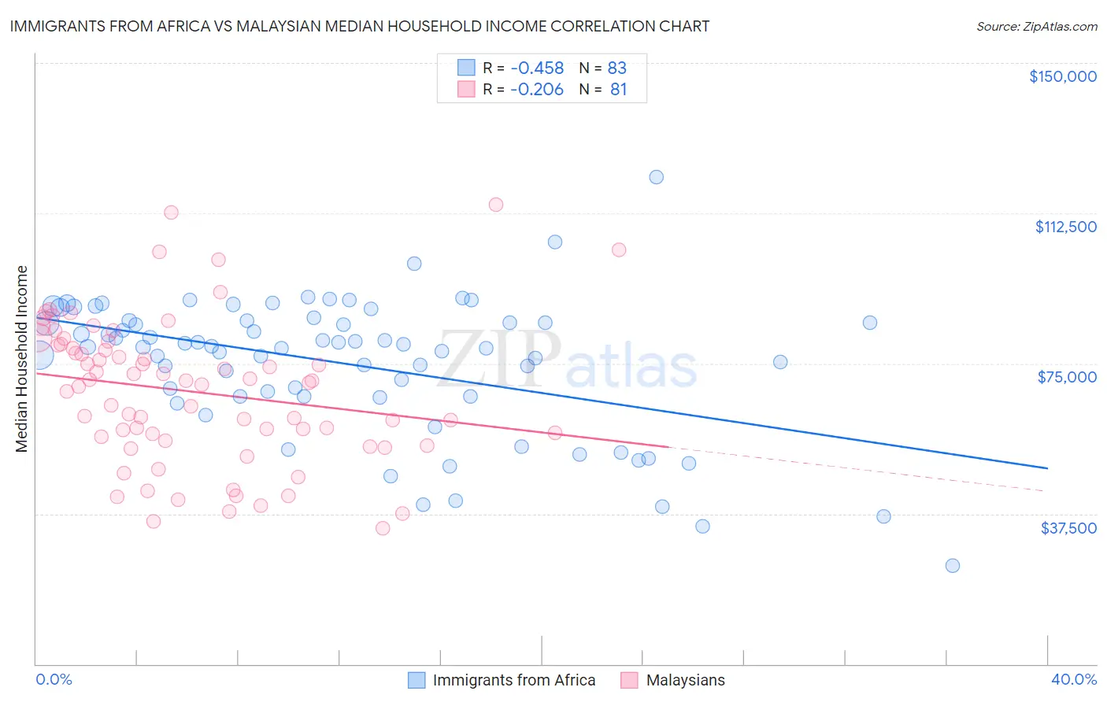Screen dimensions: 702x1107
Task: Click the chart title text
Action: tap(359, 26)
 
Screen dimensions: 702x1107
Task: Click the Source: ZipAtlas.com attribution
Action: tap(1036, 26)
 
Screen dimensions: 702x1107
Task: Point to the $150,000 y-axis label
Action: tap(1062, 76)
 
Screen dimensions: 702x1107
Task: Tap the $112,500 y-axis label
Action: tap(1065, 227)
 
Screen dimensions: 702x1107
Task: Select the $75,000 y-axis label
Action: tap(1067, 377)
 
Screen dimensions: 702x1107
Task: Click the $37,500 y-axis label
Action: tap(1068, 528)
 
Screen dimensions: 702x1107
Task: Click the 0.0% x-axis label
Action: tap(54, 679)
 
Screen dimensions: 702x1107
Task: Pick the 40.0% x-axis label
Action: tap(1073, 679)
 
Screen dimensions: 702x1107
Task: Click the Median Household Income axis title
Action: tap(21, 359)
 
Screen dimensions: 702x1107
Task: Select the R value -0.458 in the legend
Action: tap(537, 68)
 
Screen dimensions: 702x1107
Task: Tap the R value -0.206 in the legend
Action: tap(537, 90)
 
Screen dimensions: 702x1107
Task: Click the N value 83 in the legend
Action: tap(616, 68)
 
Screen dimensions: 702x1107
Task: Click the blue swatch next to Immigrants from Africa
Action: tap(417, 680)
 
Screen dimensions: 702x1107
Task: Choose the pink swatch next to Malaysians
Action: tap(629, 680)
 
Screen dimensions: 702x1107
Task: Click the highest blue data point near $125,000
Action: tap(656, 177)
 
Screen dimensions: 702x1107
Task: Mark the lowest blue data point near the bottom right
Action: tap(952, 565)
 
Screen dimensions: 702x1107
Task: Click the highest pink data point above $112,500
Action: tap(496, 205)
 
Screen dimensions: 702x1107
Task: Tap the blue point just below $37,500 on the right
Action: tap(883, 516)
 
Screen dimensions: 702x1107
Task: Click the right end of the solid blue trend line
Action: tap(1046, 468)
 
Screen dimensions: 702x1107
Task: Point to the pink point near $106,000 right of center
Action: tap(619, 249)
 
